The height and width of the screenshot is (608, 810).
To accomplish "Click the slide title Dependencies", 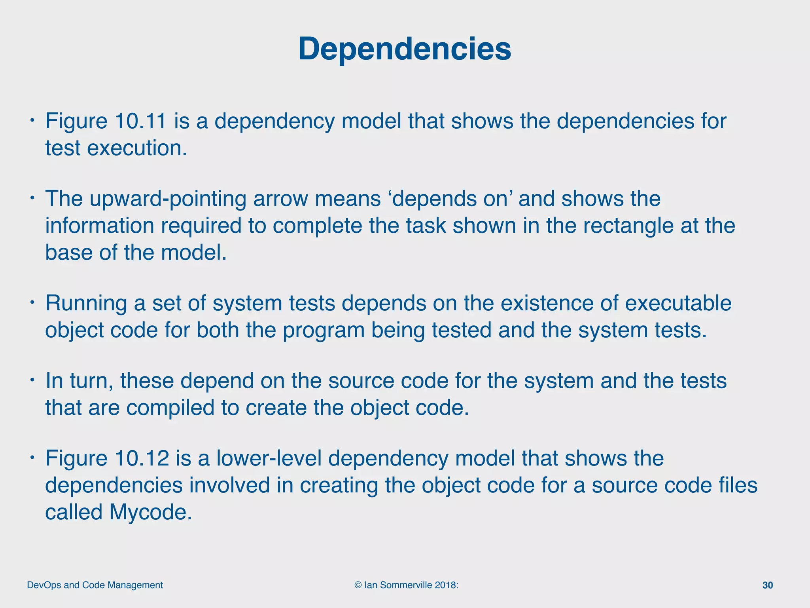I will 405,49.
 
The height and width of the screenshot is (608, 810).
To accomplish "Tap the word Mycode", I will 150,512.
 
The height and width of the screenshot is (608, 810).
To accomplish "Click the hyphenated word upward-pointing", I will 168,199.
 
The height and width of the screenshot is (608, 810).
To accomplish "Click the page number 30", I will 768,585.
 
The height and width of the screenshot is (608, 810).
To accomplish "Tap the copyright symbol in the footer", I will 358,585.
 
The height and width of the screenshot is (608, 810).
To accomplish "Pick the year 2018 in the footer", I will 445,585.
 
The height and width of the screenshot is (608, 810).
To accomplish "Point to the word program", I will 323,331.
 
